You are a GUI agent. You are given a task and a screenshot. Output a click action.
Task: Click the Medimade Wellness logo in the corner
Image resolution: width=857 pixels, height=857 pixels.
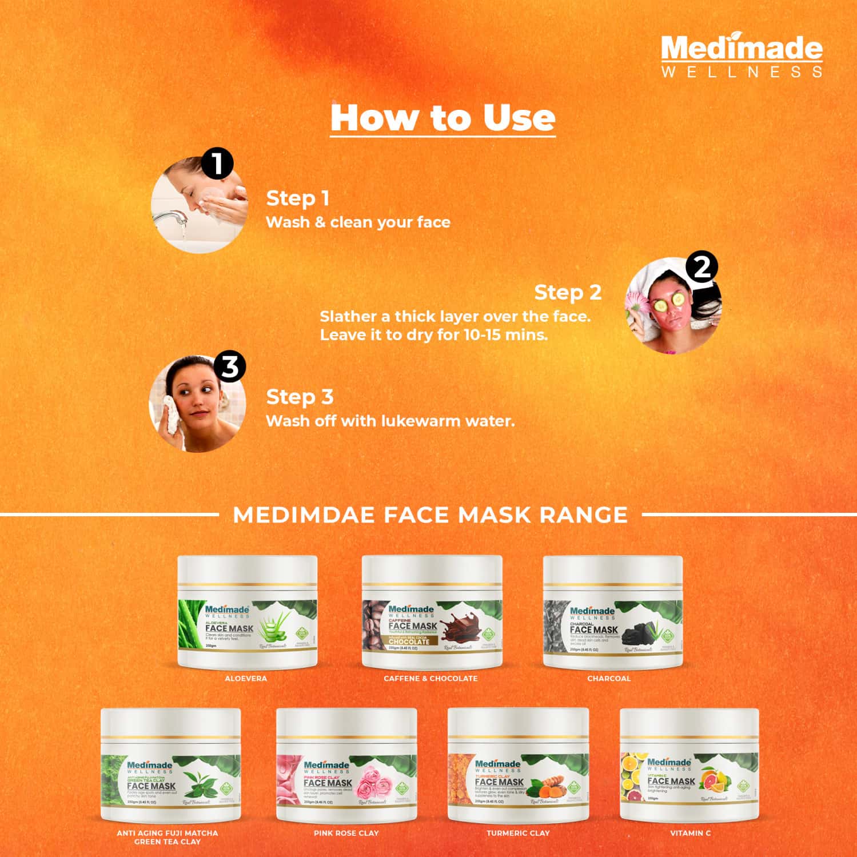tap(742, 56)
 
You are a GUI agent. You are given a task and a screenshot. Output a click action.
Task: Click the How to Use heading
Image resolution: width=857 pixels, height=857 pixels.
tap(443, 118)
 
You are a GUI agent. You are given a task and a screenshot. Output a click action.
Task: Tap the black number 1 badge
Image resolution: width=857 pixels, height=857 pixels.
tap(217, 164)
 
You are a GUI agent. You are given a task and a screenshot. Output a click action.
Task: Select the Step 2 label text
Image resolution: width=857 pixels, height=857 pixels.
tap(567, 292)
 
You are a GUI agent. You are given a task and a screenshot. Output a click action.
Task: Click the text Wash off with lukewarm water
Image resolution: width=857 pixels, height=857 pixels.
tap(390, 421)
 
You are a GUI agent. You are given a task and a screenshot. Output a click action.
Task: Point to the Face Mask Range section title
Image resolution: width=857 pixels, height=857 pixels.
tap(430, 515)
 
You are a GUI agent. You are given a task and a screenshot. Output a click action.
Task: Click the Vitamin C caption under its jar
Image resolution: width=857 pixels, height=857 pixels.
tap(690, 833)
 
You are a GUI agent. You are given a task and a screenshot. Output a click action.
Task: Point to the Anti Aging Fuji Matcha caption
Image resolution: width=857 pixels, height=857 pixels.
tap(168, 837)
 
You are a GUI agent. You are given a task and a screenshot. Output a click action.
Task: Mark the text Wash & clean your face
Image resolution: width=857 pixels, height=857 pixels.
tap(358, 222)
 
